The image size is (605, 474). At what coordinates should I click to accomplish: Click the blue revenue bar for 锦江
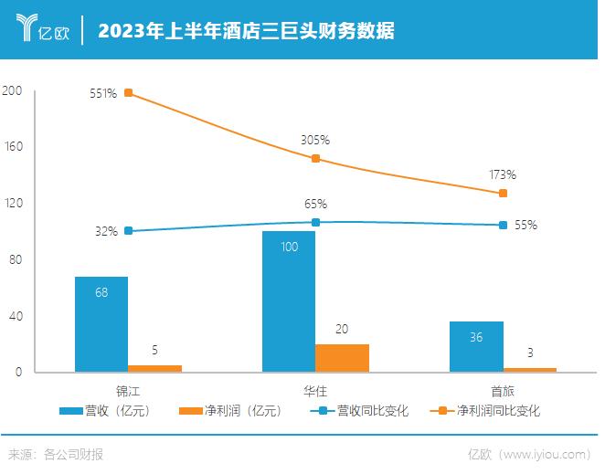click(101, 324)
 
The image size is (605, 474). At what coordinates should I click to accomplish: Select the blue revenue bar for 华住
click(289, 301)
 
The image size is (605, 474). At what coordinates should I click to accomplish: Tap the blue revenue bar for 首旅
click(476, 347)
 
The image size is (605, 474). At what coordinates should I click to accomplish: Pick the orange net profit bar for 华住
click(342, 358)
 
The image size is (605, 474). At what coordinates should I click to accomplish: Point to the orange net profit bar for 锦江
click(154, 368)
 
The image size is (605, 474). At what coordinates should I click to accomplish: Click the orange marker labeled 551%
click(128, 92)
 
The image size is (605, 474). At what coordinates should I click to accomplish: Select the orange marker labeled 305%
click(315, 158)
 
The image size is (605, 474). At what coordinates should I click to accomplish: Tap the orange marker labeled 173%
click(503, 193)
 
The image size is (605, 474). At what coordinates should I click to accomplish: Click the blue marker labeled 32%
click(128, 231)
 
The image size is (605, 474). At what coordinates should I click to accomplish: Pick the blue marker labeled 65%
click(315, 222)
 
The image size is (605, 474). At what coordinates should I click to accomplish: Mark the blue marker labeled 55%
click(503, 225)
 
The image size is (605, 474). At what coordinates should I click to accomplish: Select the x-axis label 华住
click(315, 390)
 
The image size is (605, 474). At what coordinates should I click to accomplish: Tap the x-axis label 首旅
click(503, 390)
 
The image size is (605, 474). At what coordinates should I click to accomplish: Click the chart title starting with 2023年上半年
click(247, 30)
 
